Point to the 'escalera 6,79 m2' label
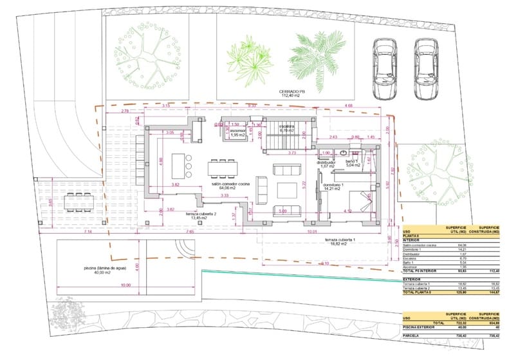coord(287,128)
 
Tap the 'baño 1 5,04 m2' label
coord(351,163)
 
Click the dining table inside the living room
coord(222,168)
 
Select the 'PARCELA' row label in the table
coord(412,336)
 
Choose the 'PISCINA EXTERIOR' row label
coord(419,327)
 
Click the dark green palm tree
coord(315,58)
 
